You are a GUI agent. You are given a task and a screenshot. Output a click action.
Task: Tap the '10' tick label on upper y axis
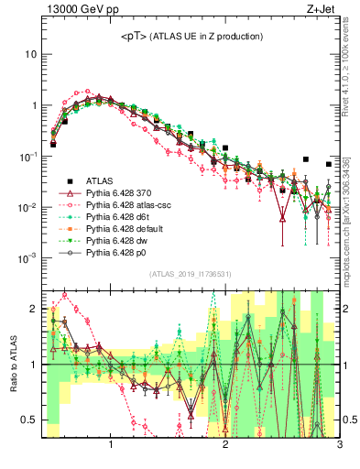click(x=28, y=54)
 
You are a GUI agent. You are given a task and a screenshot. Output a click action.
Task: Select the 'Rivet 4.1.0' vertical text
click(x=353, y=72)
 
